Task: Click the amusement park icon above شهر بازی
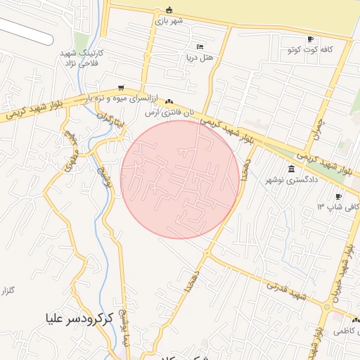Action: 169,9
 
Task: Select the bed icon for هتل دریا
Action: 200,46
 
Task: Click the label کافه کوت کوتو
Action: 307,50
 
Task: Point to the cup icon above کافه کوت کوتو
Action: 310,39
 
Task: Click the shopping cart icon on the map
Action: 122,88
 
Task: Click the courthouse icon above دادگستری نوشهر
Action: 292,169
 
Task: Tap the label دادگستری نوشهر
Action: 288,180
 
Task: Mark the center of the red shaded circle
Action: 180,179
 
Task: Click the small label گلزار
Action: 7,290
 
